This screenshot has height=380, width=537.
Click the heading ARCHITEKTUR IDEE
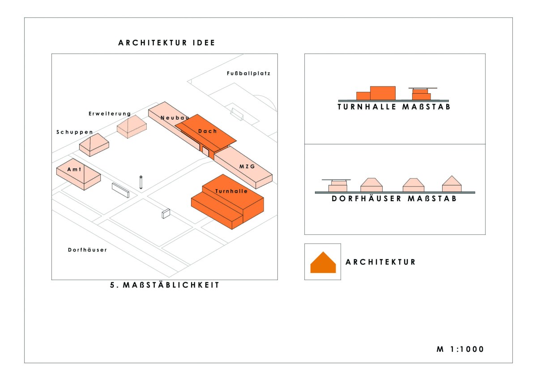pos(166,43)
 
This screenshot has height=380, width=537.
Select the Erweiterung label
pos(110,114)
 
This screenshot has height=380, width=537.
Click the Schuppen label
pos(75,132)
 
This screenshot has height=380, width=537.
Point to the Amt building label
pos(74,170)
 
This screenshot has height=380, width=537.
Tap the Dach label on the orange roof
pos(208,131)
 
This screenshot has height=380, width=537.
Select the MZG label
pos(247,166)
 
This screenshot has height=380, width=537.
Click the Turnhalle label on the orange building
pos(231,191)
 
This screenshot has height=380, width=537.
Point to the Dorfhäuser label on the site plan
pos(87,250)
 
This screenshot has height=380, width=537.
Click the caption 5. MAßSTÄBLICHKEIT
pos(165,285)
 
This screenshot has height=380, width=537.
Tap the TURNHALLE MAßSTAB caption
pos(394,107)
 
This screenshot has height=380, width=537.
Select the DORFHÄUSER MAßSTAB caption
pos(394,199)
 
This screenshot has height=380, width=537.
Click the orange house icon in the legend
pos(323,263)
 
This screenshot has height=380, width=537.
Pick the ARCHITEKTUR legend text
pos(381,262)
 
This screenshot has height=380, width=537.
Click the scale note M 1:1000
pos(460,349)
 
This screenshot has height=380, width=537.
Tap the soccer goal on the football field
pos(237,114)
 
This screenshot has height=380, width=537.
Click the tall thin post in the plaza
pos(141,182)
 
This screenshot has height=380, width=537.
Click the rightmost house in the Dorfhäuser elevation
pos(452,184)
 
